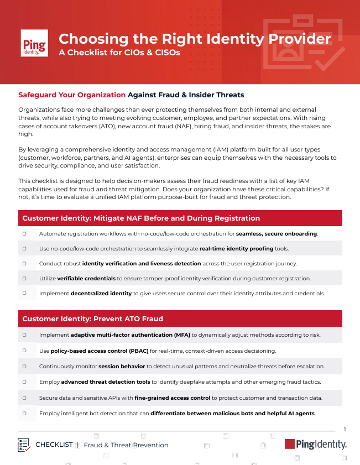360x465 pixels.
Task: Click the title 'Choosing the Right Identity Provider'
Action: point(195,39)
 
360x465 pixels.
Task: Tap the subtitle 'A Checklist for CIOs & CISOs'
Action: point(119,53)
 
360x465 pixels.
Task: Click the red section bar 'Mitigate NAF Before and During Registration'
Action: point(180,218)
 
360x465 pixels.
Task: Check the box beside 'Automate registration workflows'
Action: point(25,233)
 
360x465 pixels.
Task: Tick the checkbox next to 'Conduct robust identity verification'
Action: point(25,263)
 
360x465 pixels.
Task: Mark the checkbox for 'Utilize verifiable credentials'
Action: point(25,278)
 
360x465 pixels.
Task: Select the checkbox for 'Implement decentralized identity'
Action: point(25,292)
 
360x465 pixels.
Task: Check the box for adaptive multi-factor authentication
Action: point(25,335)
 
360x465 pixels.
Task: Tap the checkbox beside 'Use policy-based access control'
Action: point(25,350)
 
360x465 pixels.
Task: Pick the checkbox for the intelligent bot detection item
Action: point(25,412)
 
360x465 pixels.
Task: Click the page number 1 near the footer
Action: point(345,429)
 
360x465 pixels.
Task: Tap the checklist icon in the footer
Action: point(24,445)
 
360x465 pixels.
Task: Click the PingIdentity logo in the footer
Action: point(315,444)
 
